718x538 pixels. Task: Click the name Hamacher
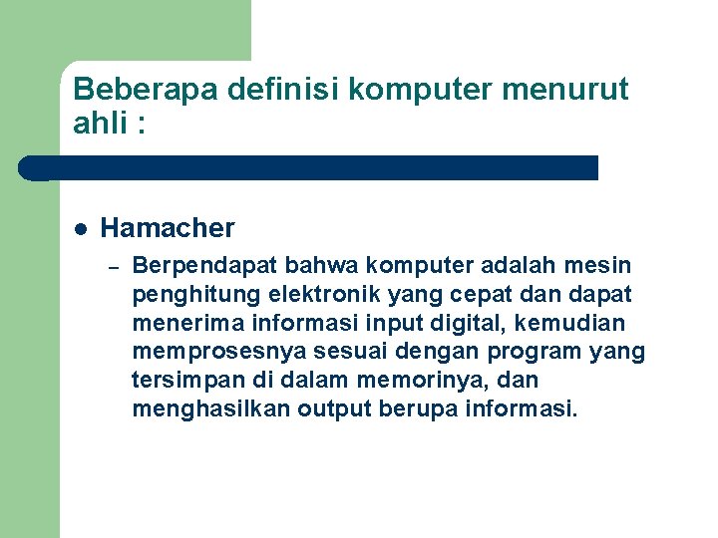(168, 228)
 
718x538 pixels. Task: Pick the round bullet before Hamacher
(80, 228)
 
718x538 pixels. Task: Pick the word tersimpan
(179, 380)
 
